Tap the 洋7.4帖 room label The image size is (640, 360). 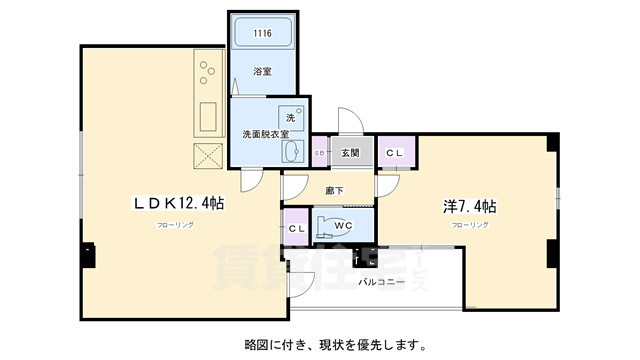(470, 206)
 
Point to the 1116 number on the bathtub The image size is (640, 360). (262, 34)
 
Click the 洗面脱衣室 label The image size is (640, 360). (265, 133)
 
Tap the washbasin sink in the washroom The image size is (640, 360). (294, 151)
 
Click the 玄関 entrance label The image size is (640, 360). (350, 152)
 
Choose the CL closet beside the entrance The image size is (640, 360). (394, 152)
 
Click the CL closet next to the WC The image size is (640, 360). (297, 229)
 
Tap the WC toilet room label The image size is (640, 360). (343, 226)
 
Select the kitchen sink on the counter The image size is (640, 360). (210, 117)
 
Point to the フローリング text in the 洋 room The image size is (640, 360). (469, 226)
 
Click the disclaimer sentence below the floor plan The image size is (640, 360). (330, 346)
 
